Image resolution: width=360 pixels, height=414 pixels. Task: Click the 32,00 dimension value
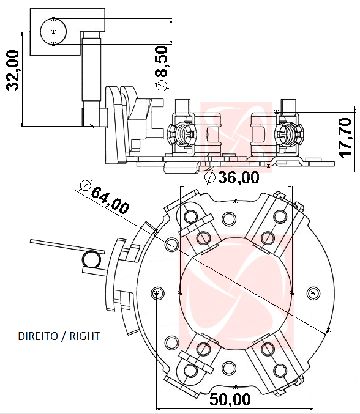tap(14, 70)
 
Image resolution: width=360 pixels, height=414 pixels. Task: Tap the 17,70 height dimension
tap(346, 138)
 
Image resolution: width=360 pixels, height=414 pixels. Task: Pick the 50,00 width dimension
tap(230, 400)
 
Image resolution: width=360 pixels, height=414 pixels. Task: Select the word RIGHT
tap(84, 336)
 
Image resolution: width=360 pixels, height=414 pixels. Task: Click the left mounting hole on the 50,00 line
tap(157, 293)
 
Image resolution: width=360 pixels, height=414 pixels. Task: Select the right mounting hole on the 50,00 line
tap(313, 293)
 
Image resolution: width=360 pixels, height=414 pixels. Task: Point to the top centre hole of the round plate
tap(229, 218)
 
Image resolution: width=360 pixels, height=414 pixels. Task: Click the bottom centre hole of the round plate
tap(229, 368)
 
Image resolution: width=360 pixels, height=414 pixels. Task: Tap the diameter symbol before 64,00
tap(84, 185)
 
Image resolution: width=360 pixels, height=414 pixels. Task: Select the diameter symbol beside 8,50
tap(162, 86)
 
